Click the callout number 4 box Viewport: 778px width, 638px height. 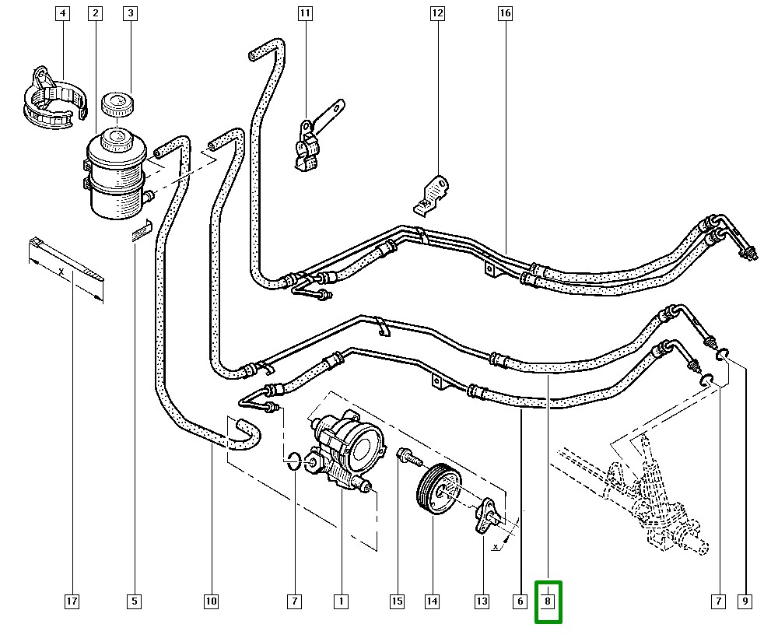click(x=62, y=13)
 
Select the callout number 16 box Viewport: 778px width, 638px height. click(x=505, y=13)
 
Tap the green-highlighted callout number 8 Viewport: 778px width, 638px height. click(x=548, y=601)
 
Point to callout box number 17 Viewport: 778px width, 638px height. click(x=72, y=601)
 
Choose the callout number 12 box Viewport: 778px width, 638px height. click(x=437, y=13)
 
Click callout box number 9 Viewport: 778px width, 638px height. click(x=745, y=601)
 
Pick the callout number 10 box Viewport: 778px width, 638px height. click(x=211, y=601)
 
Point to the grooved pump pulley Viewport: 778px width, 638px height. click(x=438, y=489)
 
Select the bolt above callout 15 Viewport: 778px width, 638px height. click(x=408, y=457)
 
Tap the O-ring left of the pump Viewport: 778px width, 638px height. click(x=293, y=460)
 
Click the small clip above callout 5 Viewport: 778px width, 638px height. click(x=142, y=231)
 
